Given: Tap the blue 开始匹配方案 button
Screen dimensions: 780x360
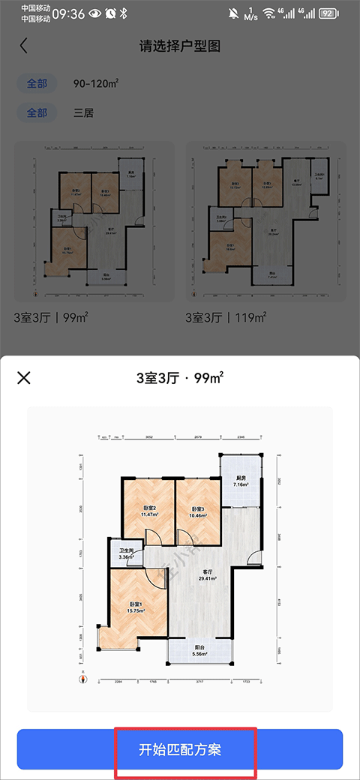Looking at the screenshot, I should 180,750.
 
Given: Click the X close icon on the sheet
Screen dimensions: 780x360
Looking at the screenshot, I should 24,377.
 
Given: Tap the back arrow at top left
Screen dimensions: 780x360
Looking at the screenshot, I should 24,46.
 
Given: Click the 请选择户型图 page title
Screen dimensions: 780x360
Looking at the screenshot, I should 180,46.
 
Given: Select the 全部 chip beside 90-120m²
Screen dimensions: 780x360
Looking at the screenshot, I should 37,83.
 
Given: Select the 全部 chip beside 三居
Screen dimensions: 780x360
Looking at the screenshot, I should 37,113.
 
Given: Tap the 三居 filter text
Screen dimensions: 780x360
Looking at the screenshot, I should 83,113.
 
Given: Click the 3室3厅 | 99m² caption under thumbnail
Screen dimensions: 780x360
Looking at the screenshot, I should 52,318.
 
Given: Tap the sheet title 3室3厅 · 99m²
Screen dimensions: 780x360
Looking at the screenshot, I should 180,377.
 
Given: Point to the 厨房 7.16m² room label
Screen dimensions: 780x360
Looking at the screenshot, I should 240,481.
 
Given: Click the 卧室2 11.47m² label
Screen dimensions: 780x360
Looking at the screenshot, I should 149,511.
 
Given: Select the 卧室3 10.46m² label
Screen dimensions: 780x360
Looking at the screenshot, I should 197,511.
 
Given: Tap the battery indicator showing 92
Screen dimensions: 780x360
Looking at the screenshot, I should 327,13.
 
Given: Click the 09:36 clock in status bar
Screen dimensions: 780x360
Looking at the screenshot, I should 68,13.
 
